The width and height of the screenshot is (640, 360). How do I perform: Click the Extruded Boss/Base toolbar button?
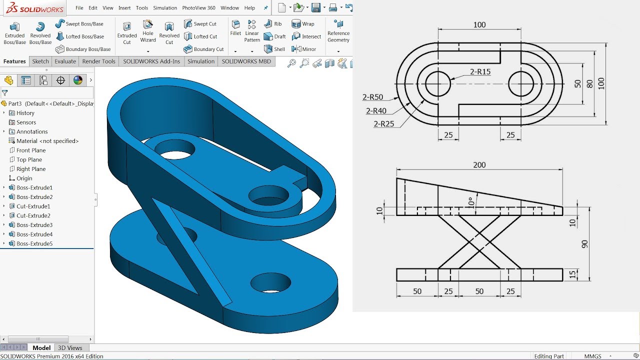pyautogui.click(x=14, y=33)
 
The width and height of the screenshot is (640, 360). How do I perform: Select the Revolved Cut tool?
pyautogui.click(x=169, y=33)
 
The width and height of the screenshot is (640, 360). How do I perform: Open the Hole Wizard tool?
pyautogui.click(x=148, y=31)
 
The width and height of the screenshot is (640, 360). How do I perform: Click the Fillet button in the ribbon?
pyautogui.click(x=235, y=27)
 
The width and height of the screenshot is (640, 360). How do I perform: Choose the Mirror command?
pyautogui.click(x=304, y=49)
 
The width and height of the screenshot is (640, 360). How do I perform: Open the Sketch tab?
pyautogui.click(x=40, y=61)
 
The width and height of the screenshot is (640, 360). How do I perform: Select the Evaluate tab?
pyautogui.click(x=65, y=61)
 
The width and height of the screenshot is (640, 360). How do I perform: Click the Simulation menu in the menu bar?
pyautogui.click(x=165, y=8)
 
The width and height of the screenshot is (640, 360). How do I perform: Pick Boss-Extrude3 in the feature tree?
pyautogui.click(x=34, y=225)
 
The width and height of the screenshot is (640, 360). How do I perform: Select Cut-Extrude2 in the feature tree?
pyautogui.click(x=33, y=215)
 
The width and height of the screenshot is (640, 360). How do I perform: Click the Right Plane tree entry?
pyautogui.click(x=30, y=169)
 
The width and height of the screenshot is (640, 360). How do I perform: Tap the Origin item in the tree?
pyautogui.click(x=24, y=178)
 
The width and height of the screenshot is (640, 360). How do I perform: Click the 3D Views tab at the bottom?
pyautogui.click(x=70, y=348)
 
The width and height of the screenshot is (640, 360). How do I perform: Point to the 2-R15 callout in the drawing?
pyautogui.click(x=480, y=71)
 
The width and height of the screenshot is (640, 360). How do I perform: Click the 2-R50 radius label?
pyautogui.click(x=372, y=97)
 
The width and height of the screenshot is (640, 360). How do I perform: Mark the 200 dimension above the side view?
pyautogui.click(x=479, y=165)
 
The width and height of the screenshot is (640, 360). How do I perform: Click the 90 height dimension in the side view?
pyautogui.click(x=584, y=244)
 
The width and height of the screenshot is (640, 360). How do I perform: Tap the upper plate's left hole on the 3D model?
pyautogui.click(x=174, y=149)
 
